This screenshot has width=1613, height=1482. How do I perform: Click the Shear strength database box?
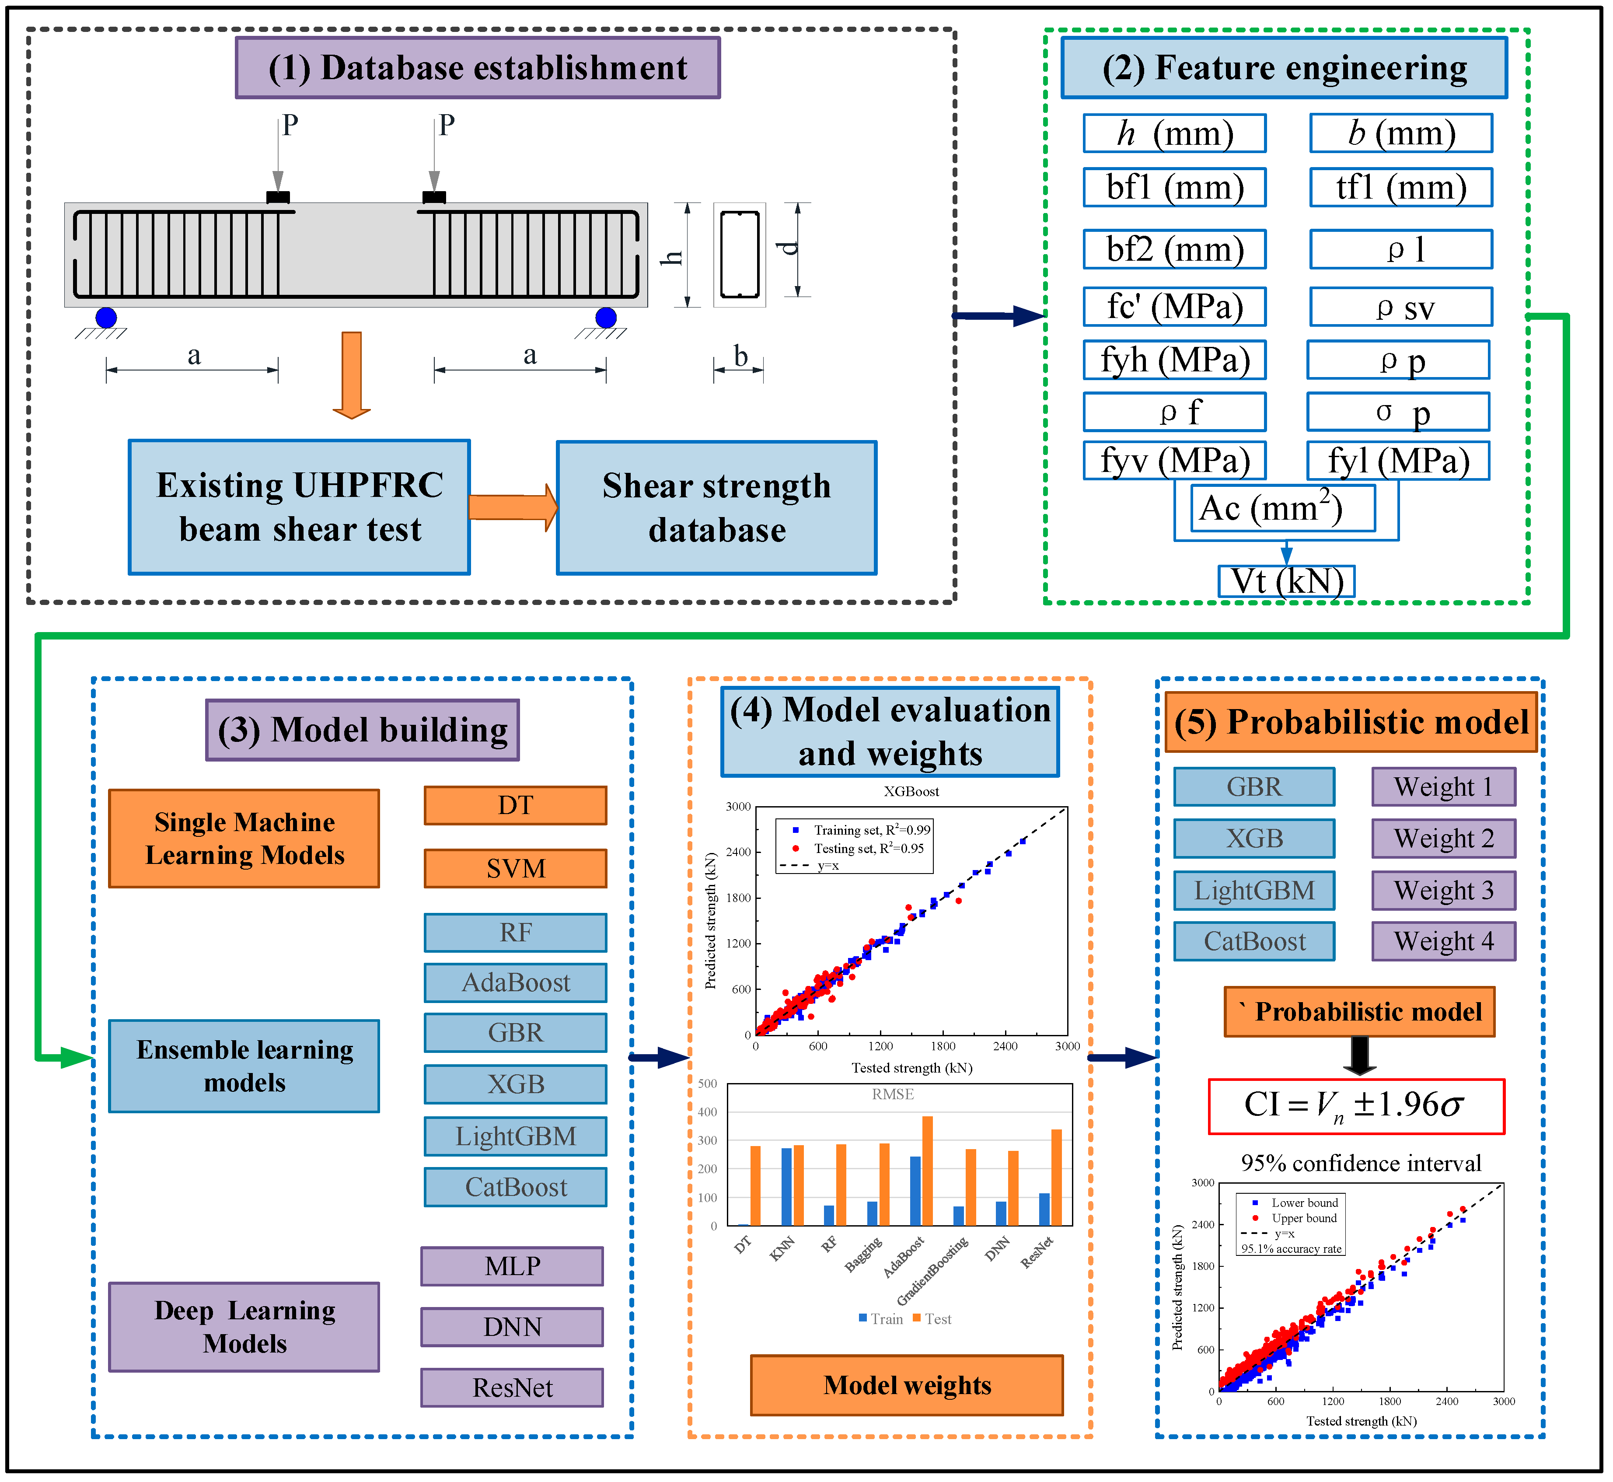[717, 507]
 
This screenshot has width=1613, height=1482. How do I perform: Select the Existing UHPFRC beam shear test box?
[299, 507]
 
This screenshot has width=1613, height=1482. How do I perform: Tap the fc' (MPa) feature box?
[1174, 306]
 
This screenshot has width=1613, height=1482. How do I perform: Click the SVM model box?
[516, 869]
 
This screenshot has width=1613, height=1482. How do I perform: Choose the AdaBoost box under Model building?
[516, 982]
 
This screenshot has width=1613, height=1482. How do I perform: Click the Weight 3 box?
[1444, 890]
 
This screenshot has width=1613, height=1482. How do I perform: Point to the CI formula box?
[1356, 1106]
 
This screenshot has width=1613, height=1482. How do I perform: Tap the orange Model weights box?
[907, 1385]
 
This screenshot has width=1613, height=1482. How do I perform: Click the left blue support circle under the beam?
[106, 318]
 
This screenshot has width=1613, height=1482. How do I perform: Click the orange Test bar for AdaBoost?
[928, 1171]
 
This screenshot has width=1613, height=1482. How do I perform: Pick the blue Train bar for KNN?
[786, 1187]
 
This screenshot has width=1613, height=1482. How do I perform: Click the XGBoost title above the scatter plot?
[911, 792]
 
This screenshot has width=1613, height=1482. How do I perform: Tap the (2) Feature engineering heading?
[1284, 68]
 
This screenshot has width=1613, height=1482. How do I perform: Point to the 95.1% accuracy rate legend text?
[1292, 1248]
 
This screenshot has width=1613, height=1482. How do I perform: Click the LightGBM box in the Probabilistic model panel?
[1255, 890]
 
